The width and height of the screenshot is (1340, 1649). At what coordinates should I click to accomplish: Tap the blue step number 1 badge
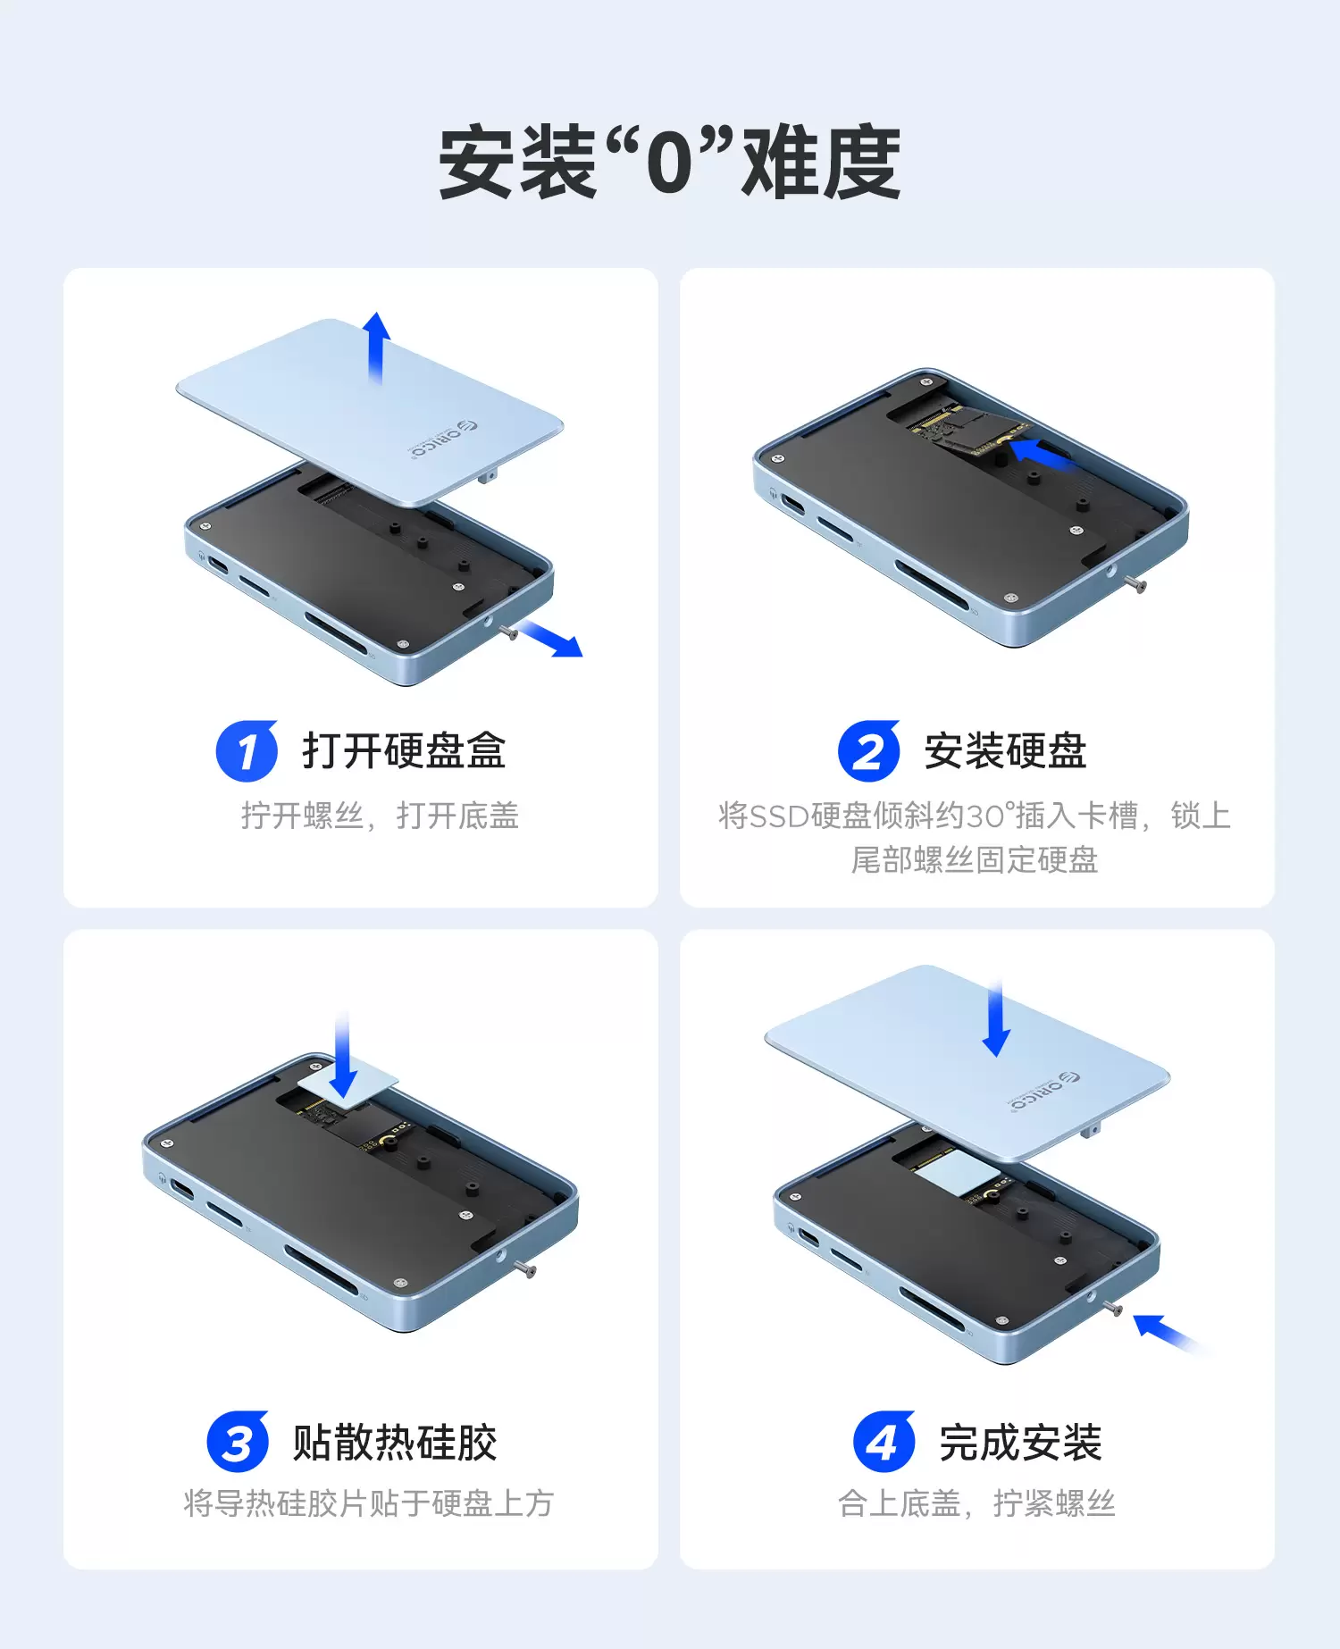coord(247,750)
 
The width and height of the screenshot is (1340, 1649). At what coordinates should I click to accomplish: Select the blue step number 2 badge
coord(868,750)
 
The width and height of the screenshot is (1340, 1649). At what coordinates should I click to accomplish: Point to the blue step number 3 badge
coord(238,1442)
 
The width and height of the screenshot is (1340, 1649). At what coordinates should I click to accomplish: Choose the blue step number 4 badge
coord(884,1442)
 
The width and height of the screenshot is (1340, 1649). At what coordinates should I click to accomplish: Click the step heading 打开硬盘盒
coord(404,750)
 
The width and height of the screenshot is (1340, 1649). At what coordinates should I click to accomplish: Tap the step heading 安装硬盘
coord(1005,750)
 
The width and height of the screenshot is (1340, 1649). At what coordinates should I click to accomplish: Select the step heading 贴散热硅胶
coord(395,1443)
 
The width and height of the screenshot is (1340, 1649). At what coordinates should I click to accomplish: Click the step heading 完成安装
coord(1020,1443)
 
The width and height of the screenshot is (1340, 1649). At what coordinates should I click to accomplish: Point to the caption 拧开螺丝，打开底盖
coord(380,816)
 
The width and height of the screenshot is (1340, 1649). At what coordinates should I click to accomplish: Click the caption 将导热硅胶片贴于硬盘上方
coord(368,1503)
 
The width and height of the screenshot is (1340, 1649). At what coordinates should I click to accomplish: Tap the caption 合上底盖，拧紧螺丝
coord(976,1503)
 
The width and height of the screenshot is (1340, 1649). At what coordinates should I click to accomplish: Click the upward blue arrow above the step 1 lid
coord(377,347)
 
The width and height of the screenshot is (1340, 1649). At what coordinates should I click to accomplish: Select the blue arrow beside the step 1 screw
coord(551,639)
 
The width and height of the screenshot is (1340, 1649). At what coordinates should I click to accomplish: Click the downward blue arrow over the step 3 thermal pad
coord(343,1055)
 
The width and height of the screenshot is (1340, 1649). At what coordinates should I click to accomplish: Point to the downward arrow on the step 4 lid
coord(996,1017)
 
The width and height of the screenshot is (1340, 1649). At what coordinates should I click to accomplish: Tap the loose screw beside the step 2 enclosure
coord(1135,584)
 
